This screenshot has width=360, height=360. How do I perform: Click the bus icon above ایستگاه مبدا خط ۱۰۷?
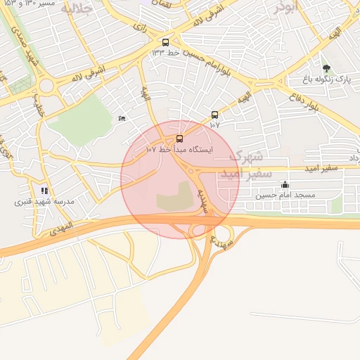coord(179,139)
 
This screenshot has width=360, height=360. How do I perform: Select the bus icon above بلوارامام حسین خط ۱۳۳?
coord(165,42)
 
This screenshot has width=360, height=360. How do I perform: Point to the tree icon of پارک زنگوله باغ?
coord(326,68)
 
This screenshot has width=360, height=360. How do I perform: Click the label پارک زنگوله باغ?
coord(326,79)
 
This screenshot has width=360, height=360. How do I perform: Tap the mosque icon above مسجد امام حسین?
coord(285,185)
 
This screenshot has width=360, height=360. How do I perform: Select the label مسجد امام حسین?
coord(285,195)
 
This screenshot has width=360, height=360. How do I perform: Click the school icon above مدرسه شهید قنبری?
coord(44,191)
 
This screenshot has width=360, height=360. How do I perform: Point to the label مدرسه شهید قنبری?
coord(44,201)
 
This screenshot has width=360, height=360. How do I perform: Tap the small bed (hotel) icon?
coord(122,118)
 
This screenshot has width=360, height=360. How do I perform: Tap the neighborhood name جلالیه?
coord(76,8)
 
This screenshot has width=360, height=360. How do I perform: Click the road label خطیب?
coord(37,106)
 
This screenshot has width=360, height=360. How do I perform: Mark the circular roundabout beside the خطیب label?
coord(47,86)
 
